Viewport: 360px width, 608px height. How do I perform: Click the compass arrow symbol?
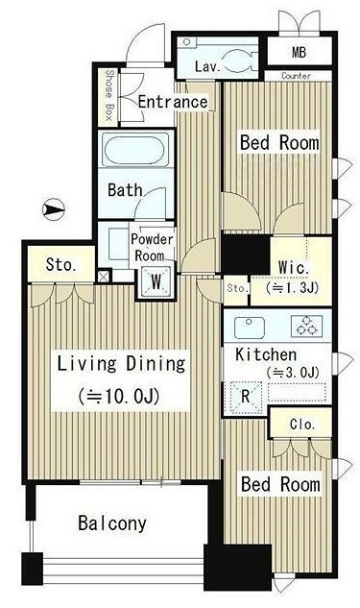tap(53, 209)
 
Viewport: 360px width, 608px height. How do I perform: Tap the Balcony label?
tap(112, 523)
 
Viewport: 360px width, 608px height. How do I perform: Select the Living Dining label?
tap(121, 363)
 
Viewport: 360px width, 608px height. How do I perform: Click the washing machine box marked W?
tap(156, 281)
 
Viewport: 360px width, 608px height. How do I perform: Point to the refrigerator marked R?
tap(246, 397)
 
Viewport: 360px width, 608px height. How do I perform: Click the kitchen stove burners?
tap(306, 326)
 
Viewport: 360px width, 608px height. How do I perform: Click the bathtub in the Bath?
tap(136, 149)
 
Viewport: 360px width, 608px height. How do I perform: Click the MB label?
tap(299, 52)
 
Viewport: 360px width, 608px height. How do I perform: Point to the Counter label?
tap(296, 76)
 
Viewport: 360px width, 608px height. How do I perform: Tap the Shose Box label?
tap(108, 95)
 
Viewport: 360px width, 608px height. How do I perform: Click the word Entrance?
tap(173, 103)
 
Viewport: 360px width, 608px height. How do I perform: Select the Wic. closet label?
tap(294, 268)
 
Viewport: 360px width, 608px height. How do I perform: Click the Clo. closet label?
tap(302, 425)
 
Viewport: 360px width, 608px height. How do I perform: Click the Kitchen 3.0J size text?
tap(293, 373)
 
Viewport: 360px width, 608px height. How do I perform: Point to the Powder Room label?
tap(151, 247)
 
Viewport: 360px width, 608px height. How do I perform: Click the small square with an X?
tap(103, 277)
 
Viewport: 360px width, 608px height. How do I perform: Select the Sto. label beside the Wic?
tap(237, 288)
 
